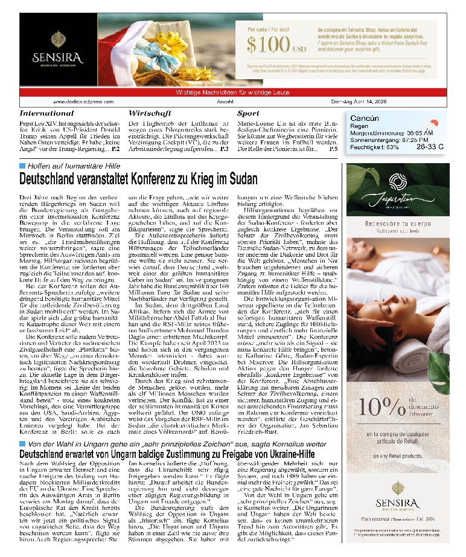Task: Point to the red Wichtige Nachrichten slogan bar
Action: click(233, 92)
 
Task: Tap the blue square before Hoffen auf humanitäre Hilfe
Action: click(22, 166)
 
